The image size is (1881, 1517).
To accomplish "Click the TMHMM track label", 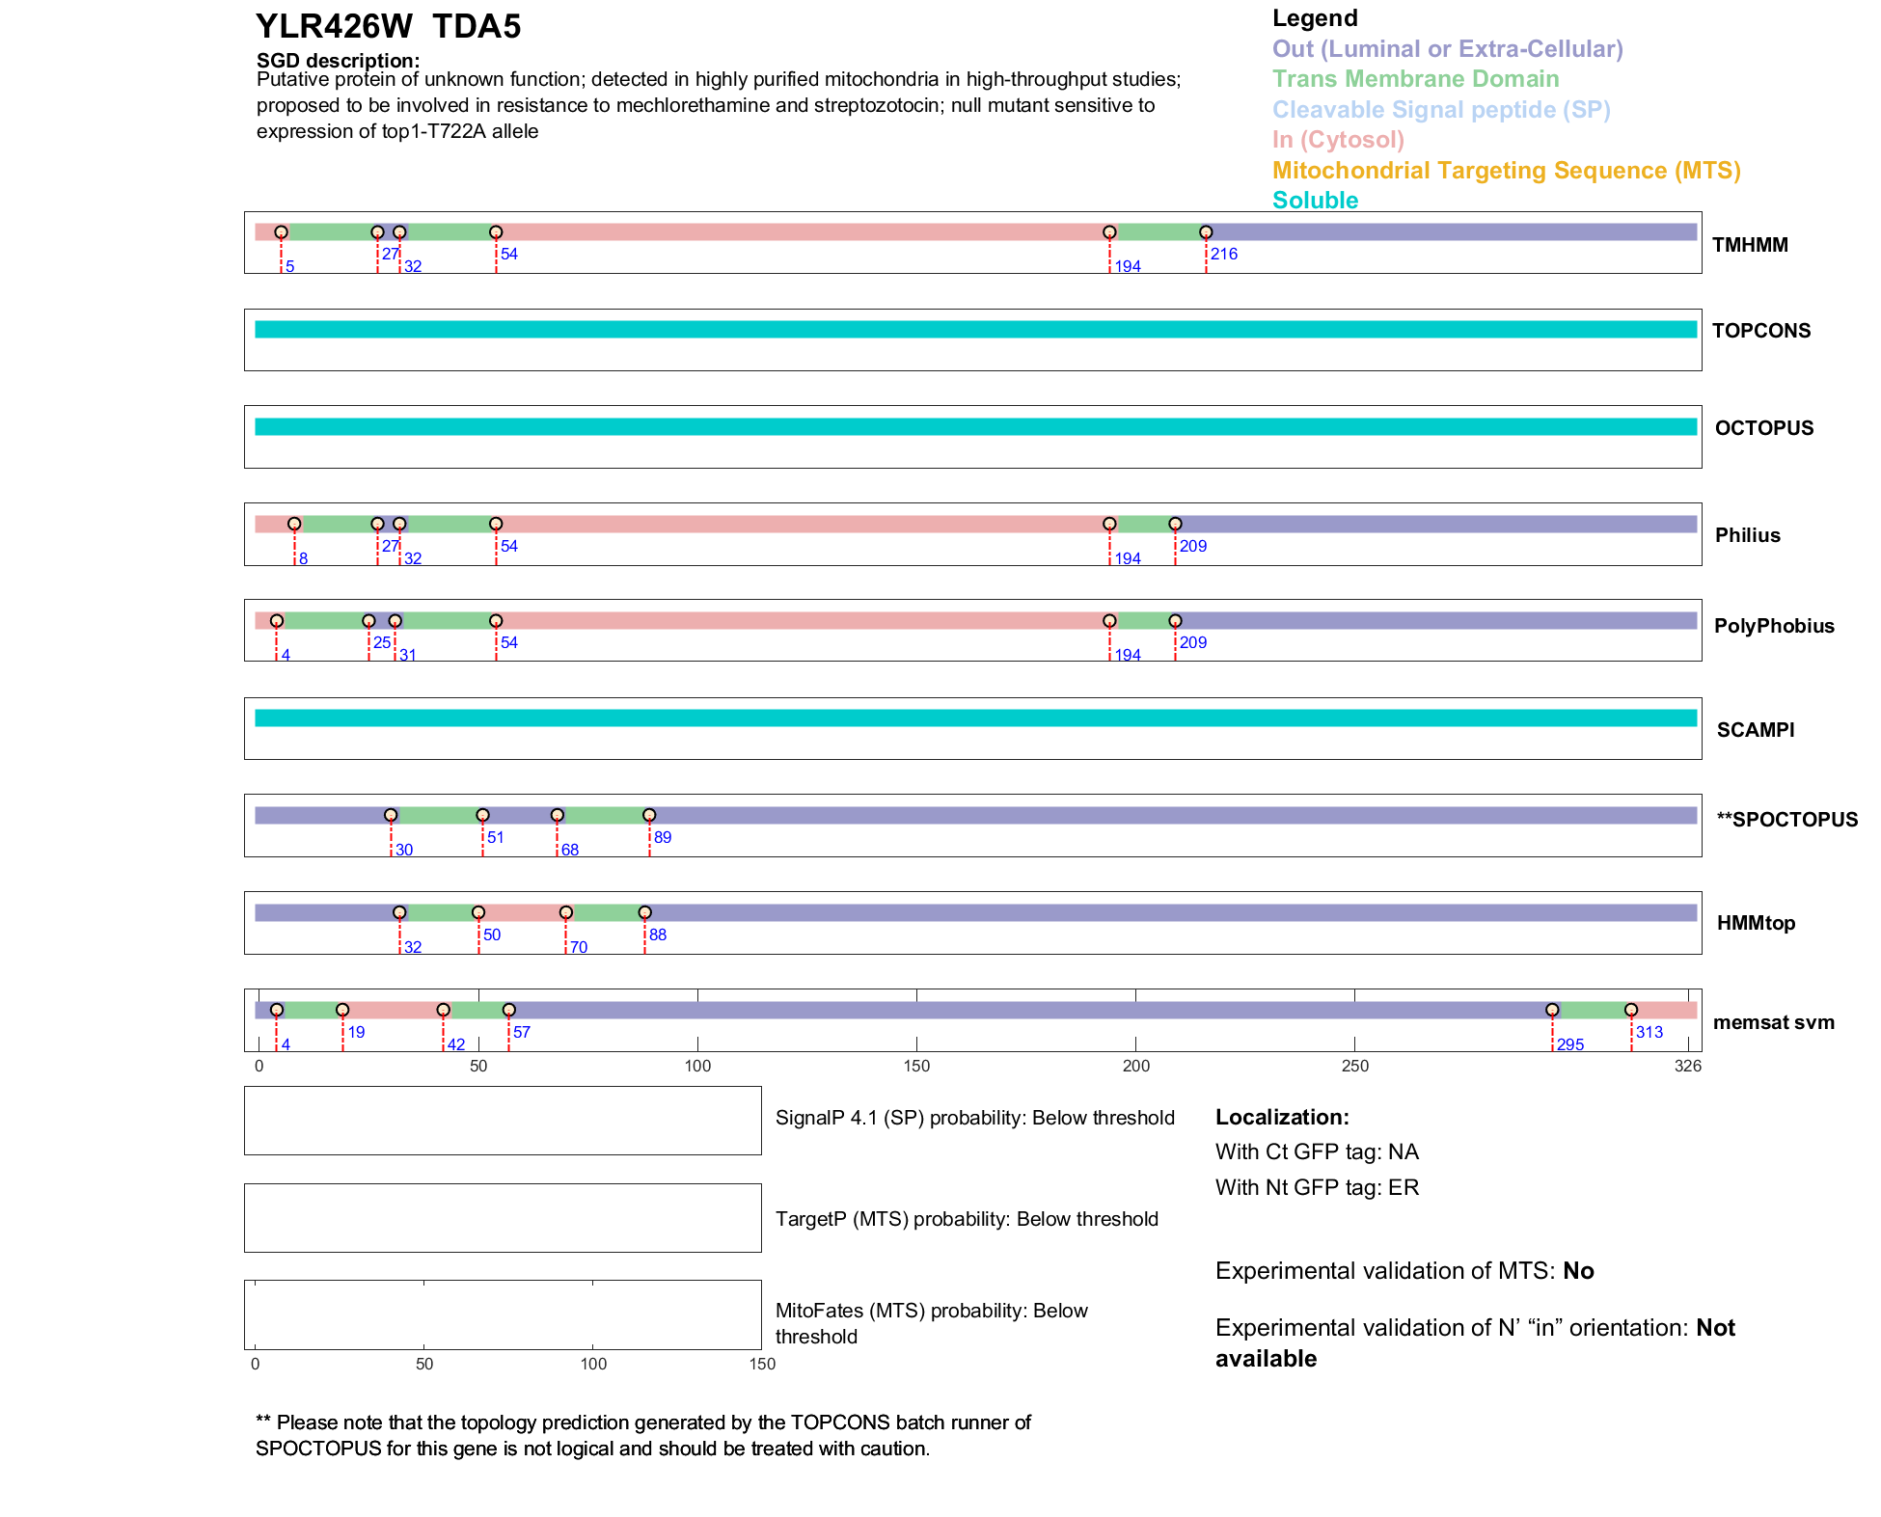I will (1749, 245).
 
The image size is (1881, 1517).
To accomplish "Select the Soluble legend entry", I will (1315, 201).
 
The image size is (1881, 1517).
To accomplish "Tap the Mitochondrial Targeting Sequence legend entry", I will (1506, 171).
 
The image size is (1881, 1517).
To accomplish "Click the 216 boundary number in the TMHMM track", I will (1223, 254).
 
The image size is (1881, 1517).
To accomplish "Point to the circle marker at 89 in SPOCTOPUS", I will (649, 816).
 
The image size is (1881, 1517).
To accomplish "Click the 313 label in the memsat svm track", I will (1649, 1032).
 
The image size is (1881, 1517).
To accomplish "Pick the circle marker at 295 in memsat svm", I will (1552, 1010).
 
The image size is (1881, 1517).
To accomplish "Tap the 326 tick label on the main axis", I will (1687, 1066).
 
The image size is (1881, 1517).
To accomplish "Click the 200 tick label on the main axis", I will (1135, 1066).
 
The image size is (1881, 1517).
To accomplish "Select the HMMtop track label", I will (1756, 923).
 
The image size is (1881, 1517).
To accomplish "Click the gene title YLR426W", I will (334, 27).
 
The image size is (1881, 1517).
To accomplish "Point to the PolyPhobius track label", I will (1773, 626).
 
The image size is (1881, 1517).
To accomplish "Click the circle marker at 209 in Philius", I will (1175, 524).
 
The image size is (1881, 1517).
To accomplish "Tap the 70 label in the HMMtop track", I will (578, 947).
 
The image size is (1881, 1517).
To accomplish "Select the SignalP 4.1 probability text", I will (974, 1118).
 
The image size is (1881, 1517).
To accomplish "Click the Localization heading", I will (1281, 1117).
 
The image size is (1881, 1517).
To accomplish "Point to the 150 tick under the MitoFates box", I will (761, 1364).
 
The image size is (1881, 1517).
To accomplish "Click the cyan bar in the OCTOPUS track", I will (974, 427).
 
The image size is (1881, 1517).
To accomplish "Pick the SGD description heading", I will (338, 61).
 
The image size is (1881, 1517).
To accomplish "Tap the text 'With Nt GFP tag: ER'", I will (1317, 1187).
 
